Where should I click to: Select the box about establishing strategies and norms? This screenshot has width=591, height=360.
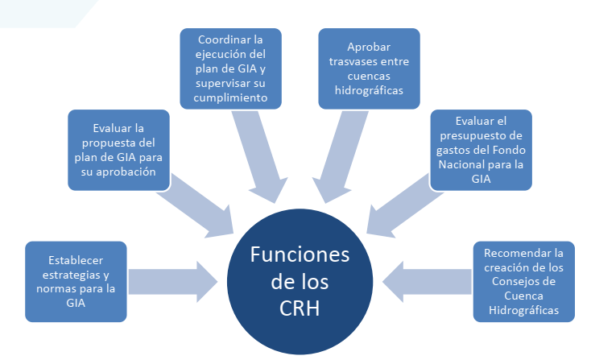[x=76, y=281]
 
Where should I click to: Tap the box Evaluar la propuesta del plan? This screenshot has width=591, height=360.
[x=118, y=150]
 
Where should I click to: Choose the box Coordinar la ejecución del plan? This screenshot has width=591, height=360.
[x=231, y=68]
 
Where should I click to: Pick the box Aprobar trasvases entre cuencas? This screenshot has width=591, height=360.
[x=368, y=68]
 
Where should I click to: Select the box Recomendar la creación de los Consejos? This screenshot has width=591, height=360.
[x=523, y=281]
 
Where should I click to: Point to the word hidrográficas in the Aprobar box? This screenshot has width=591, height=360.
[x=368, y=90]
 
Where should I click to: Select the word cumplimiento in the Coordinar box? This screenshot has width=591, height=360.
[x=231, y=97]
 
